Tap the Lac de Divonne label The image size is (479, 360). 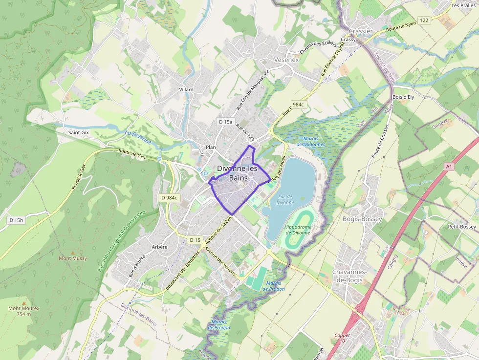[285, 199]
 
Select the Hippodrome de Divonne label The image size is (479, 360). [298, 230]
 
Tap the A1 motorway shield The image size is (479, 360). [449, 167]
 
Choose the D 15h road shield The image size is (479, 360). [16, 220]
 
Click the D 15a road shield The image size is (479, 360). [226, 121]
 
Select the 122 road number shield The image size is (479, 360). [424, 20]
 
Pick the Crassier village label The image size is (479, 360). [361, 31]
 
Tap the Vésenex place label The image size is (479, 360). [286, 59]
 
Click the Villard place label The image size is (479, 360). [186, 89]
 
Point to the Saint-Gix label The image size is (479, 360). [78, 132]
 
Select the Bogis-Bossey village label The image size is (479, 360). [362, 219]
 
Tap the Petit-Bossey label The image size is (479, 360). [461, 227]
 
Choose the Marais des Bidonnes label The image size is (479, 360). [310, 142]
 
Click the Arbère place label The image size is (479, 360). [159, 247]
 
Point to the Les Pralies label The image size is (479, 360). [463, 6]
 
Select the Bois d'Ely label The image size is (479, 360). [403, 97]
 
